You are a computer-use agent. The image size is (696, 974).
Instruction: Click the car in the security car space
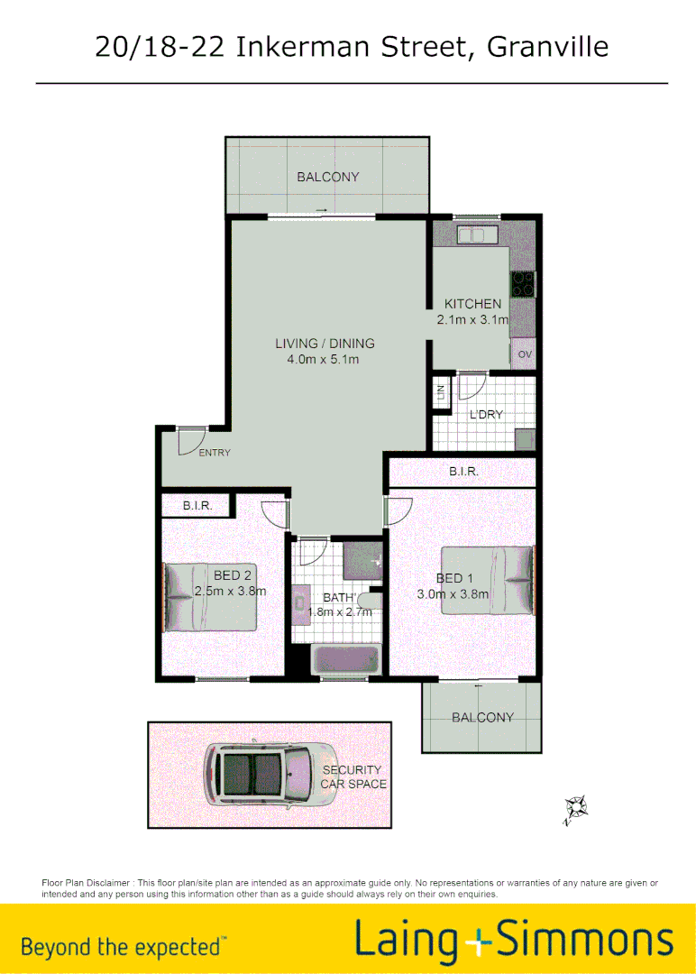click(266, 774)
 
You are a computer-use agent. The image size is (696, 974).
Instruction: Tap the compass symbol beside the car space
click(574, 809)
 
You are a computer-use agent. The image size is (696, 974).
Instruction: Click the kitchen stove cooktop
click(523, 284)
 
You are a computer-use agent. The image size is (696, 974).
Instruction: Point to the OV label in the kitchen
click(525, 355)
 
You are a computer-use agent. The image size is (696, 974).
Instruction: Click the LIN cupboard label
click(441, 392)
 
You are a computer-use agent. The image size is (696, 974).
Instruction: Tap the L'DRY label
click(486, 415)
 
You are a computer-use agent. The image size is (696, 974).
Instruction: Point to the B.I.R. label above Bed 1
click(463, 472)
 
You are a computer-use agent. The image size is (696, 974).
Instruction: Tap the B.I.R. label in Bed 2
click(197, 506)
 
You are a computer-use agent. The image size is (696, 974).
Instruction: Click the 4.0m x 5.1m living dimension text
click(324, 360)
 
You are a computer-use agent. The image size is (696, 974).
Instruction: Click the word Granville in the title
click(548, 47)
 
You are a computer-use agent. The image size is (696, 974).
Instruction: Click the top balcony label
click(328, 177)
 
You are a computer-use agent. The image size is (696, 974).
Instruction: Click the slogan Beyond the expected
click(124, 946)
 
